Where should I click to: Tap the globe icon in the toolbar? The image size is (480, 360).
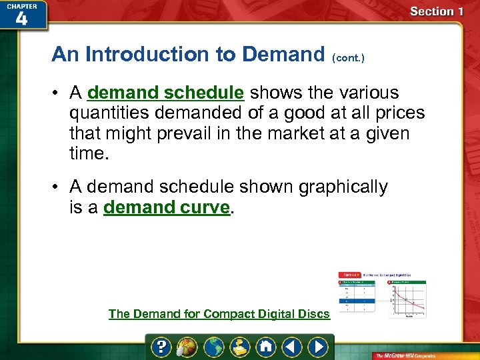pyautogui.click(x=214, y=347)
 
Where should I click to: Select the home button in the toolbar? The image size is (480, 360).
pyautogui.click(x=266, y=347)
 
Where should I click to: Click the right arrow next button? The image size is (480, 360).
pyautogui.click(x=318, y=347)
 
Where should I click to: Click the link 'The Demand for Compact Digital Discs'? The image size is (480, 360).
pyautogui.click(x=219, y=313)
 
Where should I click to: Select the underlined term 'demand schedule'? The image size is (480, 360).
pyautogui.click(x=165, y=93)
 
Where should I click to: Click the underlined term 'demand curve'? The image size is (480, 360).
pyautogui.click(x=167, y=207)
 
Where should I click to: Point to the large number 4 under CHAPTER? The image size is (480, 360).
pyautogui.click(x=21, y=18)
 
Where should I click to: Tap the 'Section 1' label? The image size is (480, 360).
pyautogui.click(x=437, y=11)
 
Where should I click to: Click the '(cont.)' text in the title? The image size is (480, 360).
pyautogui.click(x=348, y=58)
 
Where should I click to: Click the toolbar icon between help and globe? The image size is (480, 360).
pyautogui.click(x=188, y=347)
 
